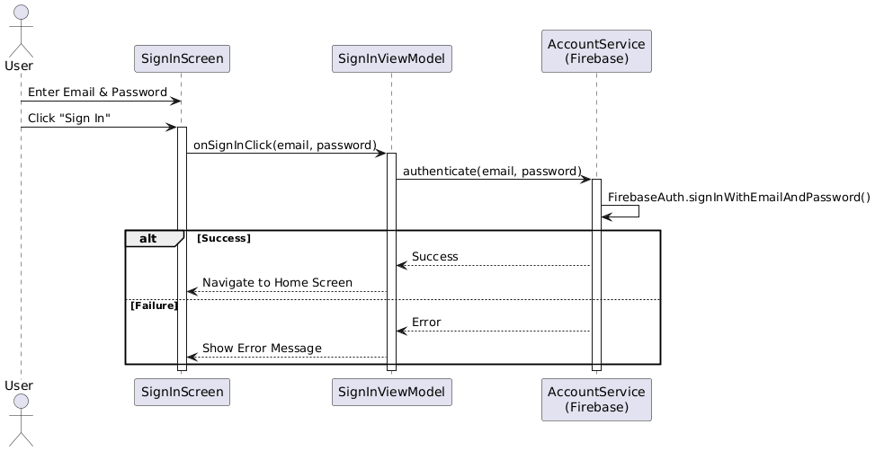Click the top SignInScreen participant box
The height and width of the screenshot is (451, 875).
(183, 59)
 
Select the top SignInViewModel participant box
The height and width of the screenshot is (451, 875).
(391, 59)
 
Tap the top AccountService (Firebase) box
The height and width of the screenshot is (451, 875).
(596, 51)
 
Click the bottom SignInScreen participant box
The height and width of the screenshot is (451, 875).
(183, 393)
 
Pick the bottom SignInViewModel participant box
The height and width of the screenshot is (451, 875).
(391, 393)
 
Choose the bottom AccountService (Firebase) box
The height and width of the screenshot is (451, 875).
(596, 400)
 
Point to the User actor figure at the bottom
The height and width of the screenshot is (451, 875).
(20, 422)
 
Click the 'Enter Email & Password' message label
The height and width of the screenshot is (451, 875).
(97, 93)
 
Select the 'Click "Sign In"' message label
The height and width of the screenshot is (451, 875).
(69, 119)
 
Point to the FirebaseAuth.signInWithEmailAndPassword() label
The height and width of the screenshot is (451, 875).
(738, 198)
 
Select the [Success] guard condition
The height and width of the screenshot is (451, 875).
(223, 238)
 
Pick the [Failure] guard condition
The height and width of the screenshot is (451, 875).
(155, 306)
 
